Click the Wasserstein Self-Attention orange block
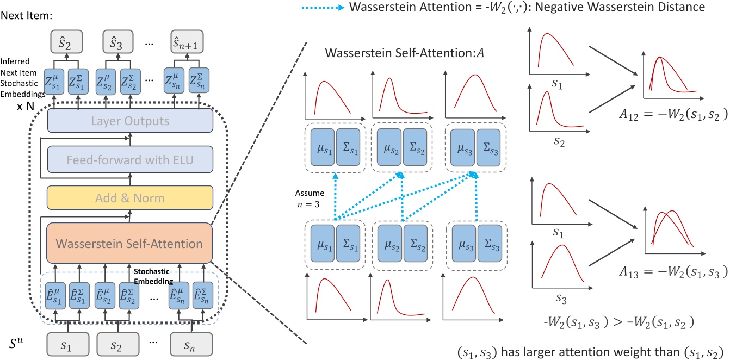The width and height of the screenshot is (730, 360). (129, 244)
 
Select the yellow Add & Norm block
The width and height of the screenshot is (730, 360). (129, 198)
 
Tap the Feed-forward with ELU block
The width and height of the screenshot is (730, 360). (129, 160)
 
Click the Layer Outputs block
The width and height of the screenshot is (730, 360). (129, 121)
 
